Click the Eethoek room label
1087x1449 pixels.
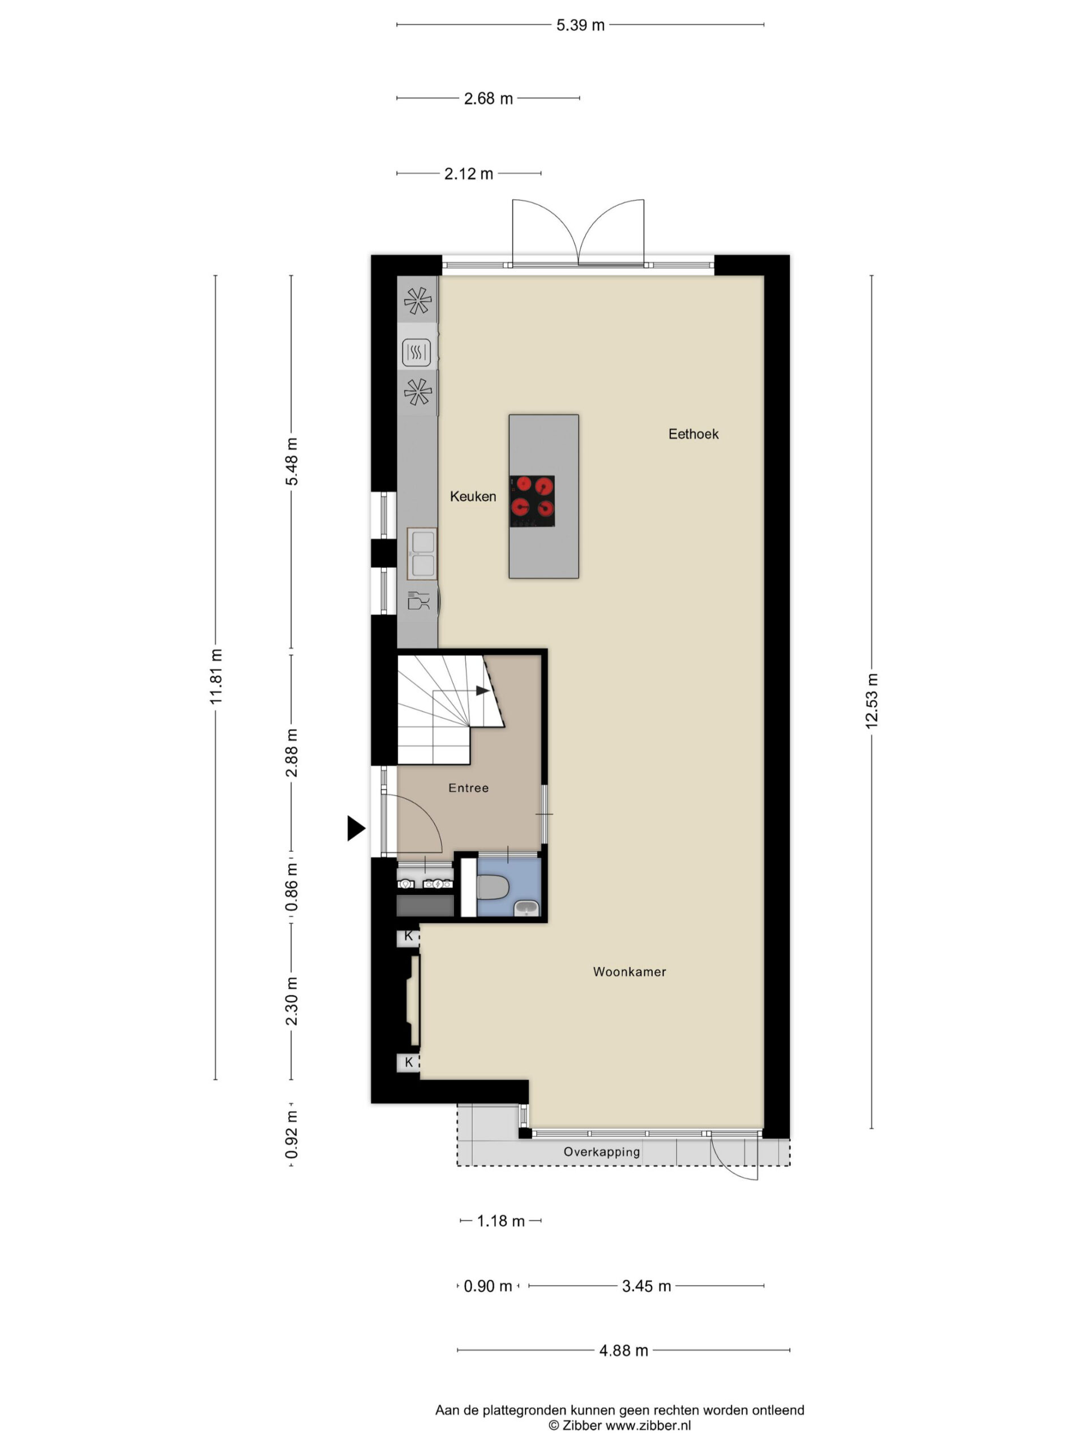[x=692, y=434]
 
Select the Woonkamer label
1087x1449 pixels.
[x=629, y=971]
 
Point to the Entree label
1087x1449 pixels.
[x=468, y=787]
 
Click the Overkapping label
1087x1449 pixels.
[x=601, y=1152]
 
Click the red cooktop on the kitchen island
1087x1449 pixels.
[x=532, y=501]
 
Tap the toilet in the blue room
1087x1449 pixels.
[x=493, y=888]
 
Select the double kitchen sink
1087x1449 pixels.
[x=422, y=554]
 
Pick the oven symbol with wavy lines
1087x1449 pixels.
[x=416, y=353]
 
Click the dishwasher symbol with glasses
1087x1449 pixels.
[x=418, y=600]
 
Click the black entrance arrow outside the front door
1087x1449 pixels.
[x=356, y=828]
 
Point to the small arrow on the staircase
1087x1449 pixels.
[x=482, y=691]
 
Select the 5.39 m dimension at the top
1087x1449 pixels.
[x=580, y=25]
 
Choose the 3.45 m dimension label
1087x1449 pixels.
[x=646, y=1286]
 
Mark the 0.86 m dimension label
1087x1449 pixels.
[x=292, y=887]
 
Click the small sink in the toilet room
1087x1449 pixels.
[x=525, y=907]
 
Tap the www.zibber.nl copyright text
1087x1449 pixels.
[x=619, y=1425]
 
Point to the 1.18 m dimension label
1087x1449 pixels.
[x=500, y=1221]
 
